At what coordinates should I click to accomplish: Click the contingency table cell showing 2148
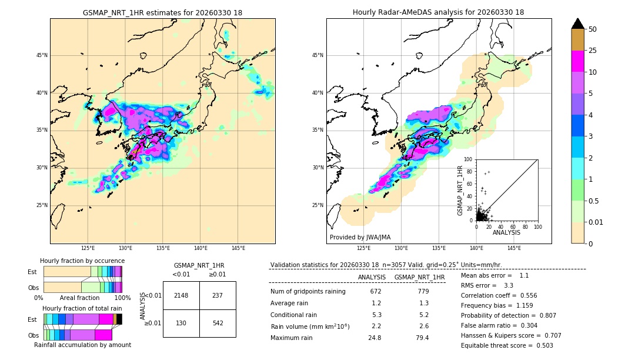(181, 295)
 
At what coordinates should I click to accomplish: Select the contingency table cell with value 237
(218, 295)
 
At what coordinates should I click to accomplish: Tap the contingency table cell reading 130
(181, 323)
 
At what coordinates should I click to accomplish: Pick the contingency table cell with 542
(218, 323)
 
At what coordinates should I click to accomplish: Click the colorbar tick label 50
(593, 29)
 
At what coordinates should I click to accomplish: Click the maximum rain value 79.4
(422, 338)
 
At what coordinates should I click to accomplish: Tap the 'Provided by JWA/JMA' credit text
(360, 238)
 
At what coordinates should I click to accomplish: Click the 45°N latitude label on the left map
(41, 55)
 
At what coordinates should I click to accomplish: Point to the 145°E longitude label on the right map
(514, 249)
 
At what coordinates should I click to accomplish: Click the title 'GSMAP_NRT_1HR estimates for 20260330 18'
(162, 12)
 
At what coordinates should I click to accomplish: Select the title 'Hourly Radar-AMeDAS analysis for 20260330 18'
(439, 12)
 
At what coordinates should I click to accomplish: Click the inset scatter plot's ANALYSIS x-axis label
(506, 232)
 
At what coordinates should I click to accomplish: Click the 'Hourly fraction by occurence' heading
(82, 261)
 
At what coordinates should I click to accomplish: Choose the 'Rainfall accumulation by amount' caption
(82, 345)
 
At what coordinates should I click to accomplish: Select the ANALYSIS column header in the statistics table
(372, 277)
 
